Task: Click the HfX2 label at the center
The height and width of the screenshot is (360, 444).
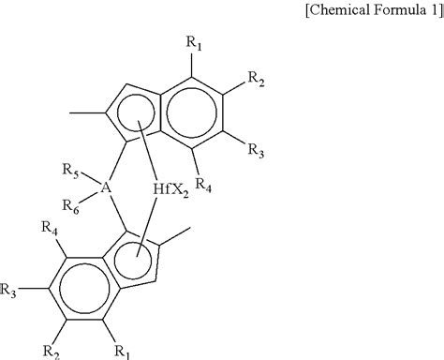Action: (x=172, y=188)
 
